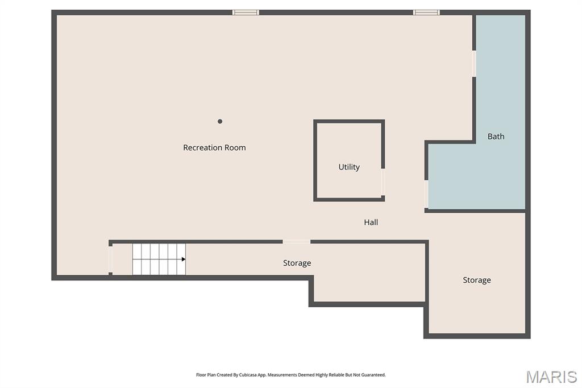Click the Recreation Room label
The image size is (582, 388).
tap(214, 147)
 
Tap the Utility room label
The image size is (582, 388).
tap(349, 167)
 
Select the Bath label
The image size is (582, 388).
tap(496, 137)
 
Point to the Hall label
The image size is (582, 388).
tap(371, 222)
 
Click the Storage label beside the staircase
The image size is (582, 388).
tap(297, 263)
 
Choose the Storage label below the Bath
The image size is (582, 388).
tap(477, 280)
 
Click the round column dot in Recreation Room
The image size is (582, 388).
tap(220, 121)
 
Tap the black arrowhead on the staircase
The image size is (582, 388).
tap(184, 259)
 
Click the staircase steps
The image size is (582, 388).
tap(159, 259)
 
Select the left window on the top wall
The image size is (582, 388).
tap(246, 13)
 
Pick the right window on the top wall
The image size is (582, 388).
tap(426, 13)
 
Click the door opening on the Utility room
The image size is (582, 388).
tap(383, 181)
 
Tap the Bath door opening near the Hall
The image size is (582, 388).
tap(426, 195)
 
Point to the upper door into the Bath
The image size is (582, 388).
tap(474, 64)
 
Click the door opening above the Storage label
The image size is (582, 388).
tap(297, 242)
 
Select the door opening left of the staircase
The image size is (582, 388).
tap(110, 259)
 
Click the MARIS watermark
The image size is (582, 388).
tap(551, 377)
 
